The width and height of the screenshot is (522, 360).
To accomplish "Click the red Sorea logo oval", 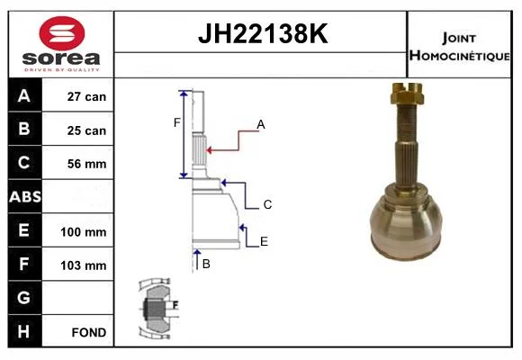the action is (x=62, y=33).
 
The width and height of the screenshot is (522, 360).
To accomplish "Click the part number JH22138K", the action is (x=263, y=33).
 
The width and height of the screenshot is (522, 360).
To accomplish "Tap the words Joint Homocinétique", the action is (x=459, y=47).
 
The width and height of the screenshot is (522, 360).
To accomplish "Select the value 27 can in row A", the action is (x=86, y=96).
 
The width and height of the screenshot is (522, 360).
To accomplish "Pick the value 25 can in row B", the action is (x=86, y=130).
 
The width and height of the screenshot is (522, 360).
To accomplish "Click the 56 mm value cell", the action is (x=87, y=164).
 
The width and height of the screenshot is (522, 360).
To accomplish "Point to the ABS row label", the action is (x=25, y=196).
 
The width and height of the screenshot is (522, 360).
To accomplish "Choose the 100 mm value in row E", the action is (x=84, y=232).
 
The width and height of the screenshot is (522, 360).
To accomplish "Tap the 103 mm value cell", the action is (x=84, y=265).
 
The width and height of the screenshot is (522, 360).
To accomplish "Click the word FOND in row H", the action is (x=89, y=332).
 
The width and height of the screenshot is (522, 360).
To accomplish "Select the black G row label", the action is (x=25, y=298).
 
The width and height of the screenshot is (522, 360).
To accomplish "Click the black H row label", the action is (x=25, y=331).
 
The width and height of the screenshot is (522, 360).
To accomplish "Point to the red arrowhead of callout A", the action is (x=210, y=150).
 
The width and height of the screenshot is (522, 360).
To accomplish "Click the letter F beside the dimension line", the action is (x=176, y=123).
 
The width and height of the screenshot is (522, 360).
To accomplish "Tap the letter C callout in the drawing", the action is (x=267, y=204).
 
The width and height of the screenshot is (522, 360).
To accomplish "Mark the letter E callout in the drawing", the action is (x=264, y=241).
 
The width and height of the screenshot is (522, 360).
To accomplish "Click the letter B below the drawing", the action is (x=206, y=264).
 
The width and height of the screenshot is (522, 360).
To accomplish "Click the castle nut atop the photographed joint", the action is (x=407, y=94).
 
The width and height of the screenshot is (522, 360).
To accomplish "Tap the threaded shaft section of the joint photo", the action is (x=407, y=123).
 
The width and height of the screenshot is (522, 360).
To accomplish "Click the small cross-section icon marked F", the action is (x=157, y=309).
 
